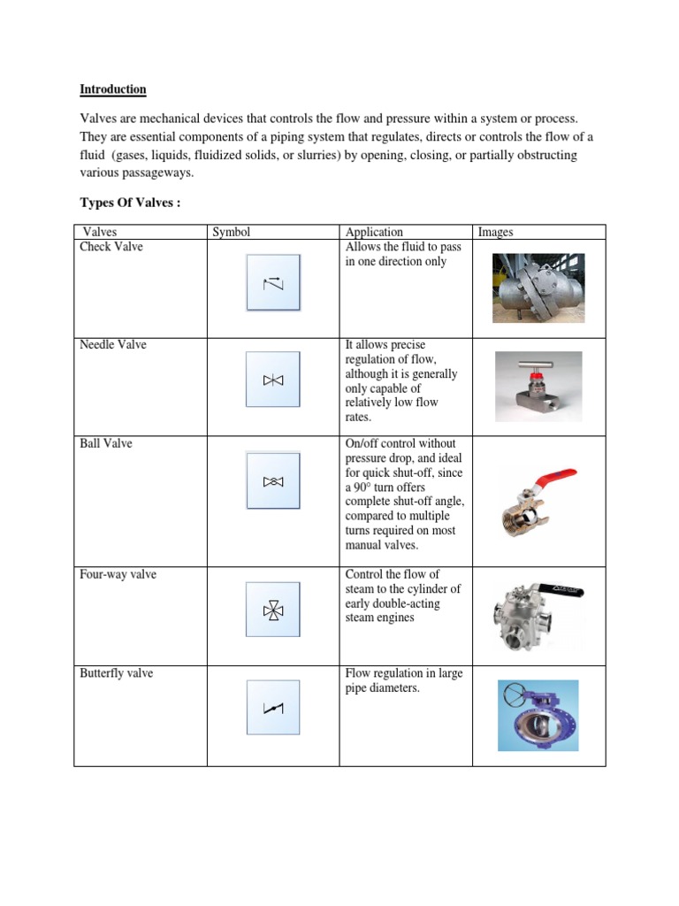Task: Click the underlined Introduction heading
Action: tap(113, 89)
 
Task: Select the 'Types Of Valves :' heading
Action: tap(130, 203)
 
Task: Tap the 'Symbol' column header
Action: tap(231, 232)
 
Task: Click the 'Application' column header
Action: tap(374, 232)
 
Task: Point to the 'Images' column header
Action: tap(495, 232)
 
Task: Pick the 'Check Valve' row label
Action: tap(111, 247)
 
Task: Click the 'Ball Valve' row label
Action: tap(106, 443)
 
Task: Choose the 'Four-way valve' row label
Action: tap(118, 575)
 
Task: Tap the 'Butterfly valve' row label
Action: tap(117, 673)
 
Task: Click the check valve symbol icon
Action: tap(273, 283)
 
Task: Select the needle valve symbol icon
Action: tap(273, 380)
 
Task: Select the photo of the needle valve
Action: tap(538, 386)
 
